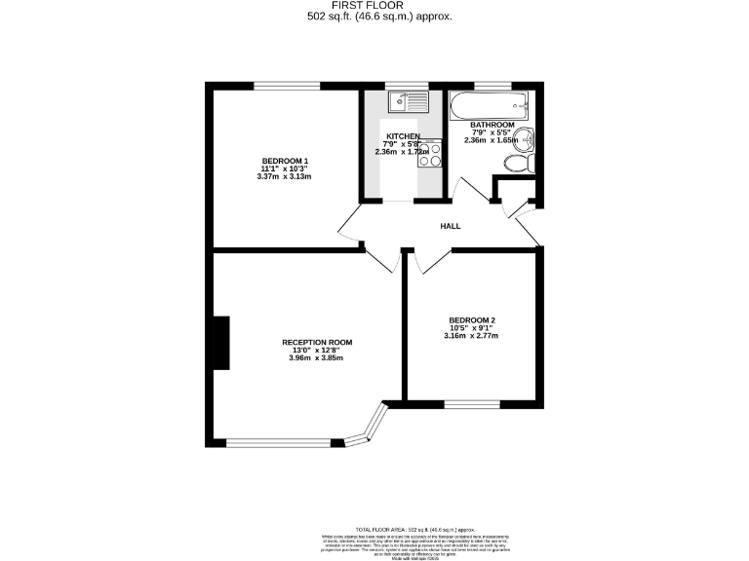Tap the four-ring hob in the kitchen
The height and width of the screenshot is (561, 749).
coord(429,154)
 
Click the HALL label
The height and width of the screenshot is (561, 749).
coord(450,226)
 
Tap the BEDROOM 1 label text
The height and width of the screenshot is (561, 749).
coord(285,160)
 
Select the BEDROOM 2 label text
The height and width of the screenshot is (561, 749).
coord(471,320)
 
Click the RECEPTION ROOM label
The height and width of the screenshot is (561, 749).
coord(316,342)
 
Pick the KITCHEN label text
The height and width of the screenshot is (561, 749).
coord(403,136)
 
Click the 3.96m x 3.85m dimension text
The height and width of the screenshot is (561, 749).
coord(316,358)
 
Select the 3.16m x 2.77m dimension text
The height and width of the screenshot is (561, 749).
coord(471,337)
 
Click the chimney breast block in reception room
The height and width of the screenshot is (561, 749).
coord(221,343)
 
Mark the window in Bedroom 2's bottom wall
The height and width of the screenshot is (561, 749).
coord(472,402)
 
